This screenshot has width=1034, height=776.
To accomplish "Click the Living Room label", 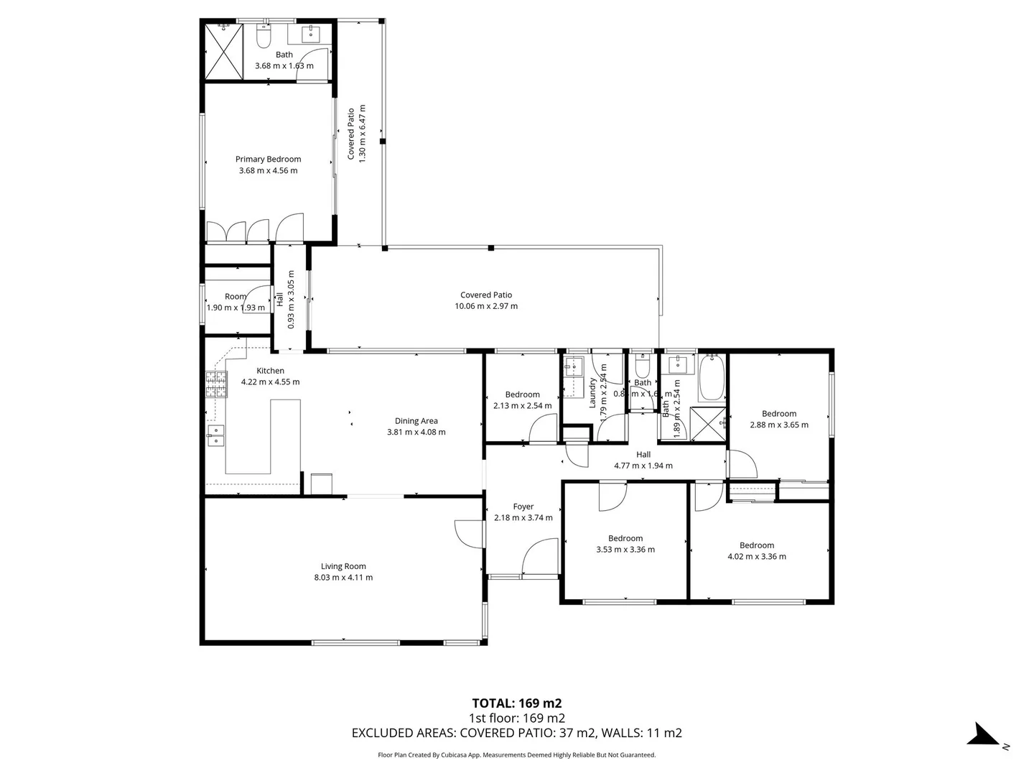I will click(x=343, y=566).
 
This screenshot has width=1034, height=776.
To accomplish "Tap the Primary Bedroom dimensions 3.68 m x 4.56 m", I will click(x=268, y=171).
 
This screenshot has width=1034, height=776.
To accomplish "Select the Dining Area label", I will click(x=416, y=421).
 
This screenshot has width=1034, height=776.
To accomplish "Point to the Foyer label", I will click(x=523, y=507).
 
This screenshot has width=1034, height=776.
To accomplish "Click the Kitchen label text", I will click(x=270, y=371).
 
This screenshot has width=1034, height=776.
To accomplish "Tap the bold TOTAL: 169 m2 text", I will click(x=516, y=703).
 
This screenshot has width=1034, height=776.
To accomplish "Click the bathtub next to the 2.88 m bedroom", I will click(x=712, y=378).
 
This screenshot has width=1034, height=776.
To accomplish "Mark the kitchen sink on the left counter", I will click(x=215, y=435).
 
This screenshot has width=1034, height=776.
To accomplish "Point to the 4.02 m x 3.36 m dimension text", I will click(x=757, y=557).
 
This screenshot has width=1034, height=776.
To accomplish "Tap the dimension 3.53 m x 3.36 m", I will click(x=625, y=550).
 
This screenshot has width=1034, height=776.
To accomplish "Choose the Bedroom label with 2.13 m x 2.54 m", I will click(x=522, y=394).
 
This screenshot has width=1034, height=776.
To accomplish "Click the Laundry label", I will click(x=593, y=394).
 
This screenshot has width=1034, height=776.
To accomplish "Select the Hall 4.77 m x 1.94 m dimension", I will click(x=643, y=466).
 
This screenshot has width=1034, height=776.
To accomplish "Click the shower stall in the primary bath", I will click(x=223, y=51).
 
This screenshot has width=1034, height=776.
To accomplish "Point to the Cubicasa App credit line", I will click(x=516, y=755).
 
